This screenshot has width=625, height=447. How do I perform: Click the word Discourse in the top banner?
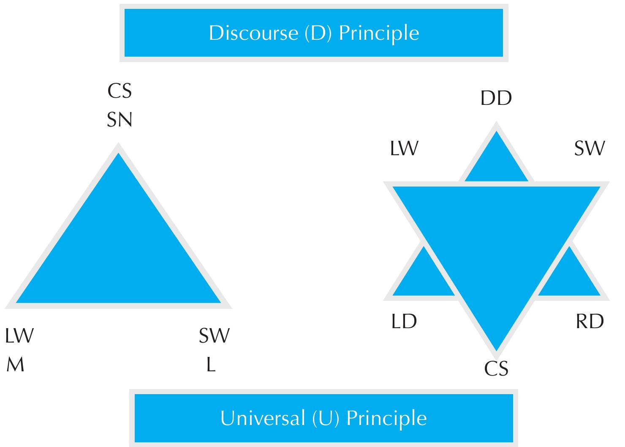click(x=254, y=33)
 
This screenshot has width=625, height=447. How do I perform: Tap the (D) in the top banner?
click(x=318, y=33)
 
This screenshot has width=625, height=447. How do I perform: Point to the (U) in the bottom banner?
click(x=326, y=419)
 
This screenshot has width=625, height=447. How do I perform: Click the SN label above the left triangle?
click(x=120, y=120)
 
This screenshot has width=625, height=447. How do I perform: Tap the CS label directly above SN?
click(x=120, y=91)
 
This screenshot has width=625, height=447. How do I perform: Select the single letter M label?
click(x=16, y=365)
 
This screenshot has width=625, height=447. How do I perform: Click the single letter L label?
click(x=211, y=365)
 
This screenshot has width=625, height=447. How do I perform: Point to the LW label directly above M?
click(x=19, y=335)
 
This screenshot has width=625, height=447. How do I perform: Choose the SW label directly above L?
click(x=214, y=335)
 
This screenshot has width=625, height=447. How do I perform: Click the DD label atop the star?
click(x=496, y=98)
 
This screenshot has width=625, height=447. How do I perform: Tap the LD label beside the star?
click(x=404, y=321)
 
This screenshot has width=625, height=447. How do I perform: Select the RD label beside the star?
click(x=590, y=321)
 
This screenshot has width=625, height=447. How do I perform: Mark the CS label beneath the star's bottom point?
click(x=496, y=368)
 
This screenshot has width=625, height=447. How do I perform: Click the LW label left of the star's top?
click(x=404, y=148)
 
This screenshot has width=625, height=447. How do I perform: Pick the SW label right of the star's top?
click(x=590, y=148)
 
